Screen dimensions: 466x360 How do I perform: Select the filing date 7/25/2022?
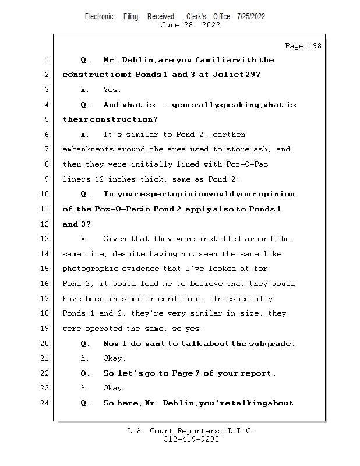(x=251, y=16)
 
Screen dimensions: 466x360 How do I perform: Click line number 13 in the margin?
(x=45, y=239)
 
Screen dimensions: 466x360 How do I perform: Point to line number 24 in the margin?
(x=45, y=403)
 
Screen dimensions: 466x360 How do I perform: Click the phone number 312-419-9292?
(x=191, y=439)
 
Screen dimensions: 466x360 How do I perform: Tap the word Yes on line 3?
(x=112, y=90)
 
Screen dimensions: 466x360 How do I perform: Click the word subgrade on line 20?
(x=272, y=343)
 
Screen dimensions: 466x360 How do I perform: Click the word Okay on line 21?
(x=114, y=358)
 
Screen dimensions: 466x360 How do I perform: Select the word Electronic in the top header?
(x=99, y=16)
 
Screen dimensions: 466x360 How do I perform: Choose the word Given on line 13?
(x=115, y=239)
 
